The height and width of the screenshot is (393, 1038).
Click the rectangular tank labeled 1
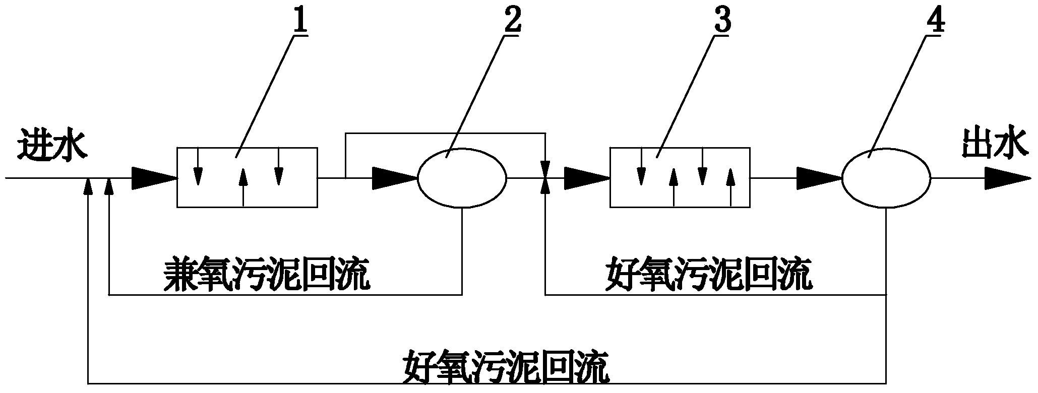pyautogui.click(x=247, y=177)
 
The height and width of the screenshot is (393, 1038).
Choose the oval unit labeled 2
pyautogui.click(x=462, y=177)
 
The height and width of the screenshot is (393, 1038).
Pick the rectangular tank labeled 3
pyautogui.click(x=680, y=177)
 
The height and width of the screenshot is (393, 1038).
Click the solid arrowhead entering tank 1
pyautogui.click(x=153, y=178)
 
